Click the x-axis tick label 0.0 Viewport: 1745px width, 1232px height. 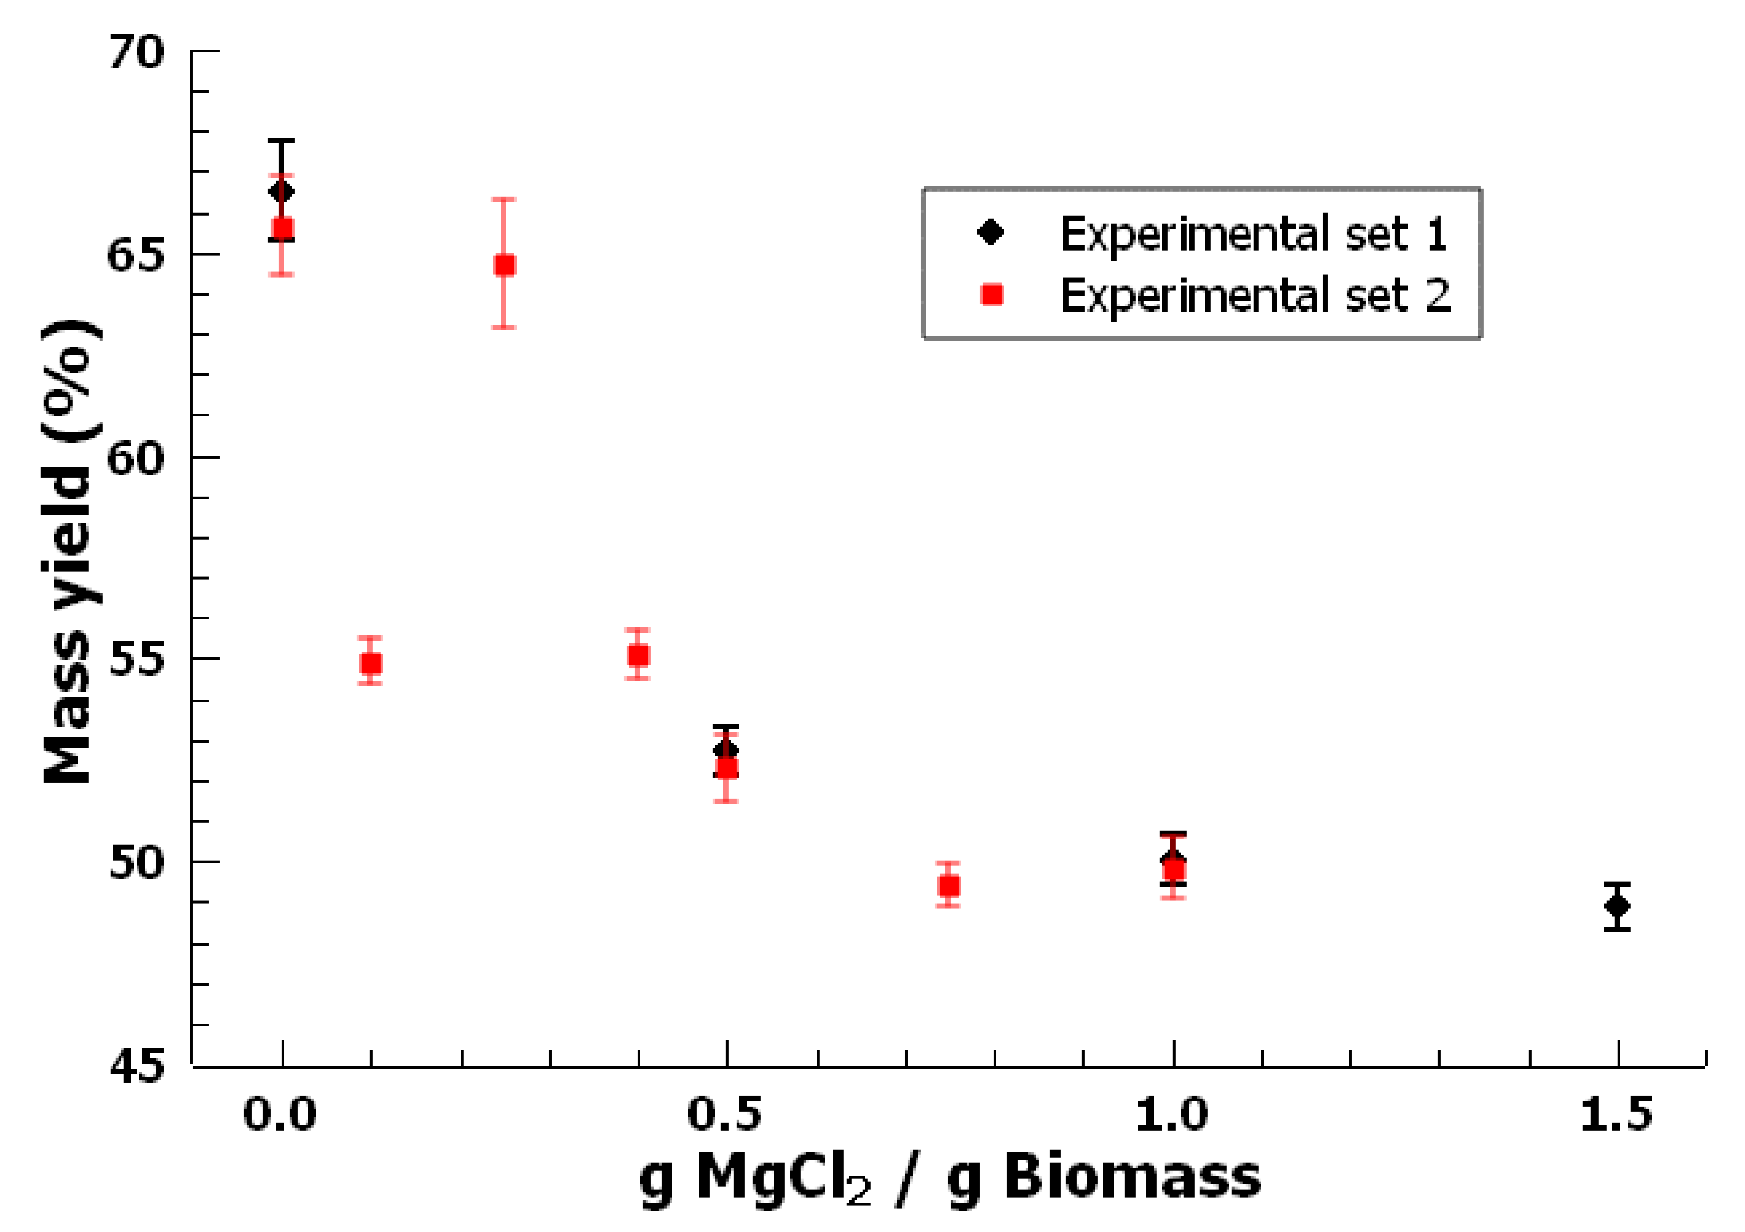click(x=280, y=1115)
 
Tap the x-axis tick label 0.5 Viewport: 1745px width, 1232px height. click(x=724, y=1115)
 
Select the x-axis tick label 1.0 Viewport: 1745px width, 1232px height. click(x=1171, y=1115)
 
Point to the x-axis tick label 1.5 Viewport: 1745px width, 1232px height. click(x=1616, y=1115)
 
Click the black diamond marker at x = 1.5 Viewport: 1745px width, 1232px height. click(x=1618, y=906)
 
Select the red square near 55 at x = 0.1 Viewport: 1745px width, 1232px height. click(x=371, y=664)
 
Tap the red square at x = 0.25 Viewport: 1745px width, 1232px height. click(x=505, y=265)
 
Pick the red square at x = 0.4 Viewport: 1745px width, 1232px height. click(x=638, y=655)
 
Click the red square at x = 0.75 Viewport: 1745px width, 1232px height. click(x=949, y=885)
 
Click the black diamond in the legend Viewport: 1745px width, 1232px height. click(x=991, y=232)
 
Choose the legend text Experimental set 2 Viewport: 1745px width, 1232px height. click(x=1256, y=295)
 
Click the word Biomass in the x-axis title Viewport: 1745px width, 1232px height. click(x=1132, y=1177)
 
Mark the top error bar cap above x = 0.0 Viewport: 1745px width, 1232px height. click(x=281, y=141)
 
